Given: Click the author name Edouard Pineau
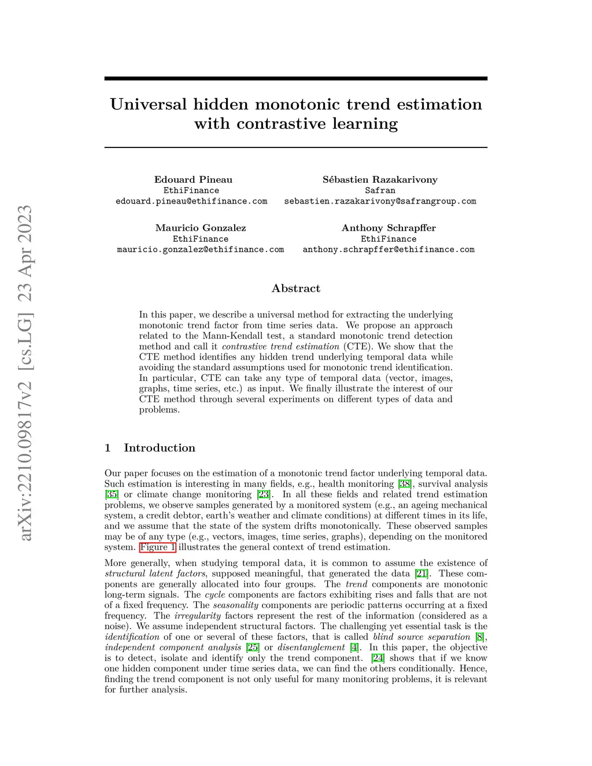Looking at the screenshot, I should [193, 179].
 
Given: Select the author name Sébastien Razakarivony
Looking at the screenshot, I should [380, 179].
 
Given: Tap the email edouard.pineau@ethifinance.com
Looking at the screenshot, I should [191, 201].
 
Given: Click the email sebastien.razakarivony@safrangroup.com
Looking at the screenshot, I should [380, 201].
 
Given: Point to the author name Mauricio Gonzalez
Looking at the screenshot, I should [201, 228].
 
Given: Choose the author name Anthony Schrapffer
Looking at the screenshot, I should [388, 228].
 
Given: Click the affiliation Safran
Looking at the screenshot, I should [380, 190].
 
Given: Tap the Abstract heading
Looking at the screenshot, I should [295, 288].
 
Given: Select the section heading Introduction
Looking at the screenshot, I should [159, 448].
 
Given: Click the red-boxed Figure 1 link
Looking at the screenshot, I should [157, 547].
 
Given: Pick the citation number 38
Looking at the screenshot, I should [405, 484].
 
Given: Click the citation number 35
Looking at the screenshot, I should [112, 494].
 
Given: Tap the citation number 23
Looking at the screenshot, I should [264, 494].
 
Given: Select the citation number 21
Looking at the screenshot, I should [421, 573].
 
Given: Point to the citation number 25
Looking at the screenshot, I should [253, 647].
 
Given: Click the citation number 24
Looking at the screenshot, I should [378, 658].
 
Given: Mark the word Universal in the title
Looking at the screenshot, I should [148, 105].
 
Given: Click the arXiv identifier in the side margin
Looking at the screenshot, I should [25, 373].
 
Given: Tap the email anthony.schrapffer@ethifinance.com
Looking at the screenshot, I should [388, 250].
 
